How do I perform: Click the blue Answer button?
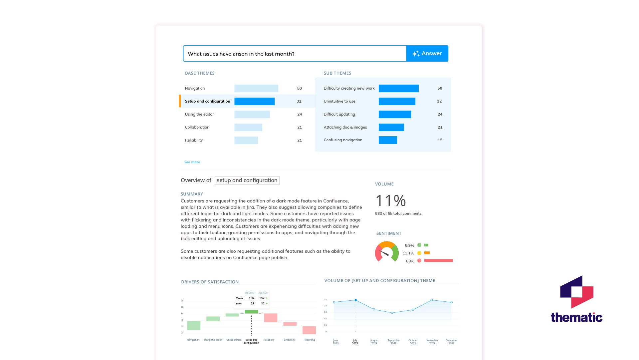(x=427, y=54)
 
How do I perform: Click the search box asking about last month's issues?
(x=295, y=54)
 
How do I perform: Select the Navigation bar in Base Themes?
(x=256, y=88)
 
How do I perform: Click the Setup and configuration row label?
(x=207, y=101)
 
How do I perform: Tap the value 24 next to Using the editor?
(x=300, y=114)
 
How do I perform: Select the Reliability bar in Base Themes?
(x=246, y=140)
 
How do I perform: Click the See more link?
(x=192, y=162)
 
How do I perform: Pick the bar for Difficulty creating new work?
(x=398, y=88)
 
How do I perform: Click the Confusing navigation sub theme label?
(x=343, y=140)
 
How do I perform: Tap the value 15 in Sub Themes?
(x=440, y=140)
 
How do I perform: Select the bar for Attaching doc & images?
(x=391, y=127)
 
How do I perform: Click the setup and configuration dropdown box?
(x=247, y=180)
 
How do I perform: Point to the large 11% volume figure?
(x=390, y=200)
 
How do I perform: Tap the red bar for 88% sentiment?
(x=438, y=261)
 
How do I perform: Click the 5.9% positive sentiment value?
(x=409, y=245)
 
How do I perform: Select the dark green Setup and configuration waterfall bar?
(x=251, y=312)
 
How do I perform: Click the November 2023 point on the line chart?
(x=432, y=300)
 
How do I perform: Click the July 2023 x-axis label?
(x=355, y=342)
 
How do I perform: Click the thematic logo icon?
(x=576, y=292)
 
